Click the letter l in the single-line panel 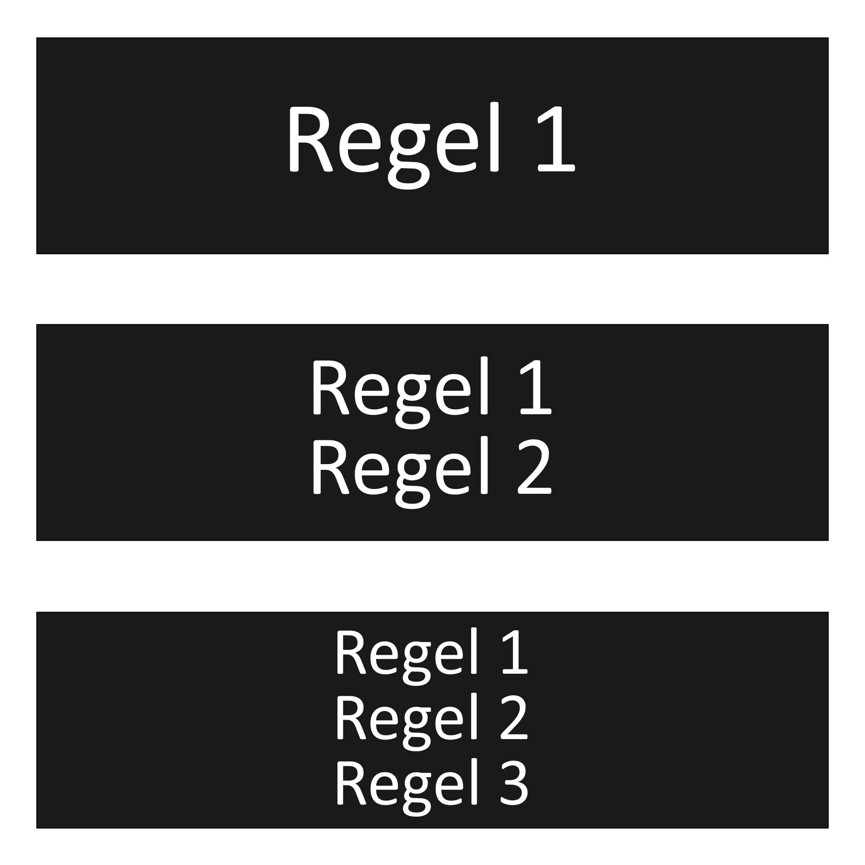[494, 136]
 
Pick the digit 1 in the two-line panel [535, 387]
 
